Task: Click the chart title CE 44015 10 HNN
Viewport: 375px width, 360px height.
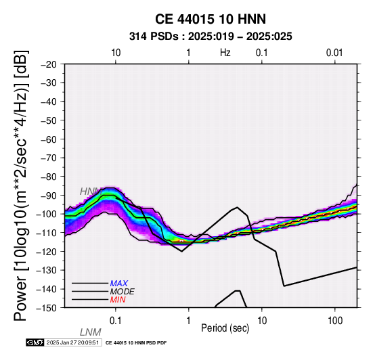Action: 211,19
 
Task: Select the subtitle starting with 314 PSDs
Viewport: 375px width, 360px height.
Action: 211,37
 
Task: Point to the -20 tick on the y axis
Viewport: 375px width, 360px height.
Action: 49,64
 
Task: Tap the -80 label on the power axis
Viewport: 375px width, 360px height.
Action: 49,177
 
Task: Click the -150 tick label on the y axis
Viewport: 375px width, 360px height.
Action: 47,308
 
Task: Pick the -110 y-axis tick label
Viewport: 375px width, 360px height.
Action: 47,233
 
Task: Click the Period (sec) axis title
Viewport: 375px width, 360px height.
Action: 225,328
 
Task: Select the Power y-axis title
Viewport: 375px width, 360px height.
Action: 21,185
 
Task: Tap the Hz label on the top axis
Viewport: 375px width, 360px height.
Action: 225,53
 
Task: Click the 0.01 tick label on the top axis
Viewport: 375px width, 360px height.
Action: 334,53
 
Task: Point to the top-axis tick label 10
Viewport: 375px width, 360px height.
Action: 116,53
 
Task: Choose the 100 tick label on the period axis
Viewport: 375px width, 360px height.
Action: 335,321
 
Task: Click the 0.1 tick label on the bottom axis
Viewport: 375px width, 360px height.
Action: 115,321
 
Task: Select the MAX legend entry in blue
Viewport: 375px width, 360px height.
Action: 119,284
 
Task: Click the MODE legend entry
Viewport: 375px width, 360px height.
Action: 123,292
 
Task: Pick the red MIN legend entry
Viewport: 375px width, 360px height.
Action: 118,300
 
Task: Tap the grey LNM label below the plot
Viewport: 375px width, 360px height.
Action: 91,332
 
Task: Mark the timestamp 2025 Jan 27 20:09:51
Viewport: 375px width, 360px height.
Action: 72,343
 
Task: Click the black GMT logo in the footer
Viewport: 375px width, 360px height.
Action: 35,342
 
